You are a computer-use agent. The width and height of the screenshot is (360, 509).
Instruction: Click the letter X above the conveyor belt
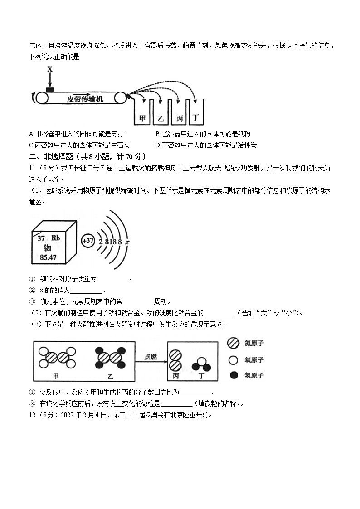click(50, 69)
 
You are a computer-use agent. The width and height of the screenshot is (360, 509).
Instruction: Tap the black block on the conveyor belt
click(50, 89)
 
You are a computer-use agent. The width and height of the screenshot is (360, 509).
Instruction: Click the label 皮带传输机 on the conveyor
click(85, 98)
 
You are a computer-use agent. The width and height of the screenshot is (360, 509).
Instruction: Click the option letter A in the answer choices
click(30, 134)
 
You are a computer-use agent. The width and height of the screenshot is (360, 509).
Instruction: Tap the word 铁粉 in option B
click(243, 134)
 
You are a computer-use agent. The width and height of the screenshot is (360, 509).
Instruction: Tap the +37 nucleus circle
click(88, 241)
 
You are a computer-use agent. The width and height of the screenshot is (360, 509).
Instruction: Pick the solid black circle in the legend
click(234, 375)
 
